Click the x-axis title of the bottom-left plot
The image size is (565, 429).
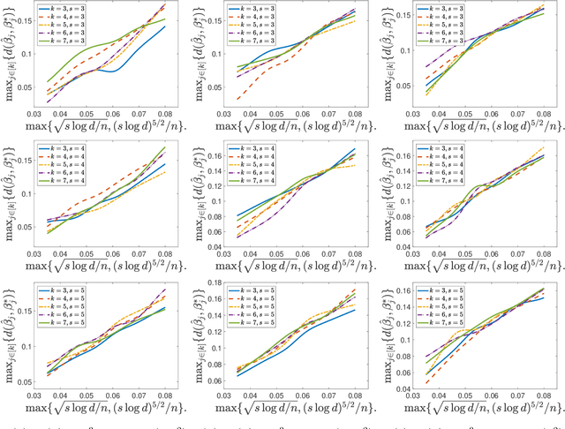pos(100,407)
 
